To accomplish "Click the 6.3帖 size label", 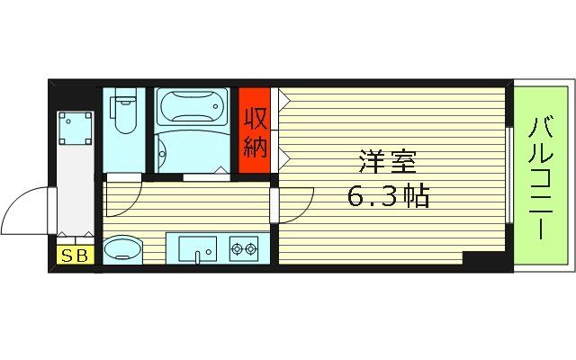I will tap(388, 195).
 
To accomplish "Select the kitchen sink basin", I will tap(197, 247).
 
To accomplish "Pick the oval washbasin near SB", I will tap(124, 249).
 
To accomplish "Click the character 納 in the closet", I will tap(255, 146).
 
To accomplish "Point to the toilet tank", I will tap(125, 95).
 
